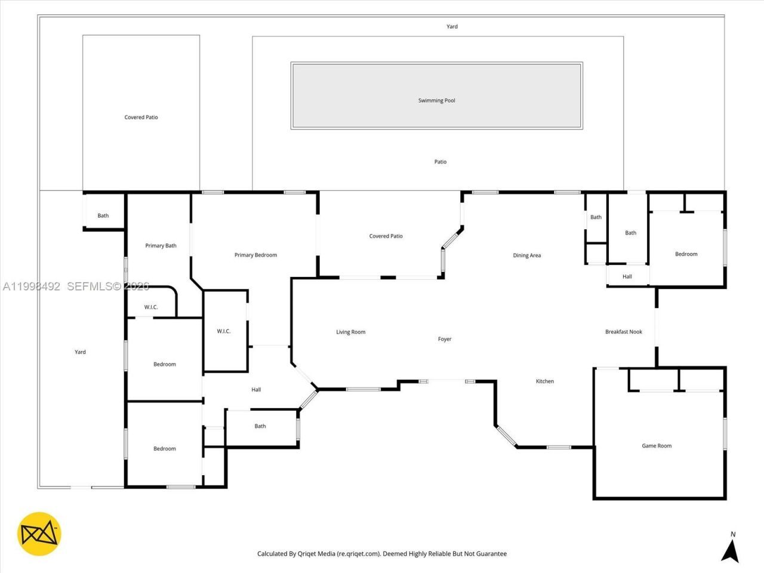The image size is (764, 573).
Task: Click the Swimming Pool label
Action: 436,100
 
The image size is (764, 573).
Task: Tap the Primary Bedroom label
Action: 255,255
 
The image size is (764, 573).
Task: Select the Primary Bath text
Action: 161,246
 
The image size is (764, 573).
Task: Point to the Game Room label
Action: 657,446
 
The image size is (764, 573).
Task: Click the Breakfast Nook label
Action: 623,332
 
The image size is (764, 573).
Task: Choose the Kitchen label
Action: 545,381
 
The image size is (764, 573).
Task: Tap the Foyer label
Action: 445,339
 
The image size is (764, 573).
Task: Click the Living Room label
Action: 350,332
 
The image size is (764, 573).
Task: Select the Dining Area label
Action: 526,255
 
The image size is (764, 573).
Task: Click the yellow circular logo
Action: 39,534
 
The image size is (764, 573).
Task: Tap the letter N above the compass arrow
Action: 733,534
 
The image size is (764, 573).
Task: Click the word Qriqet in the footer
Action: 306,553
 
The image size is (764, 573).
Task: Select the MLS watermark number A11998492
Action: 31,286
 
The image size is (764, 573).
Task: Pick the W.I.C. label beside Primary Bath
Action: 151,307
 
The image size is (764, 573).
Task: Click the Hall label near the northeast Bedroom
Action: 627,276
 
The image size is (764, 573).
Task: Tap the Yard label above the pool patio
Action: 452,26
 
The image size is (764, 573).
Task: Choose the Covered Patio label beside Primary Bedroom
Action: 386,236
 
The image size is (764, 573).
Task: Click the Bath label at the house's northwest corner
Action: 103,215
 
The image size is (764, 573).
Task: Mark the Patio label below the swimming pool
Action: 440,162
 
